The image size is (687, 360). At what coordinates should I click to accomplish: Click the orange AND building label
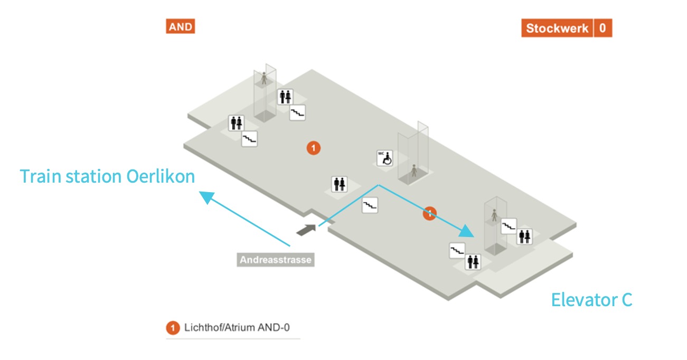[x=181, y=26]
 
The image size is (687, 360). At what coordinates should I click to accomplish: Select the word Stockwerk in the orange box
[x=557, y=29]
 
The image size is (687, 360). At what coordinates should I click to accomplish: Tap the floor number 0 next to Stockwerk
[x=603, y=29]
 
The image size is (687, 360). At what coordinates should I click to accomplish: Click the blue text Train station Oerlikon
[x=107, y=176]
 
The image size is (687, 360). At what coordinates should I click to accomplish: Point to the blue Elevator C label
[x=591, y=300]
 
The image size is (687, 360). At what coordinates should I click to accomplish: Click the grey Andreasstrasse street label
[x=275, y=260]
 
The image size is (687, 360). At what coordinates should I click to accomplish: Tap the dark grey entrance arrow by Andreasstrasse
[x=306, y=230]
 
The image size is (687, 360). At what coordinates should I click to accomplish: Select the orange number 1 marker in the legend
[x=173, y=328]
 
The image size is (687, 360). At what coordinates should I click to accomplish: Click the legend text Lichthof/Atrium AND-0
[x=237, y=328]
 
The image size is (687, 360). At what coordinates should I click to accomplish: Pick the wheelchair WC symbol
[x=385, y=158]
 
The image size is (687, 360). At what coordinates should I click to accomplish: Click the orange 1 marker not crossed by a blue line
[x=314, y=148]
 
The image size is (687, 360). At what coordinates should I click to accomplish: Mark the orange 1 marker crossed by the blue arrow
[x=429, y=213]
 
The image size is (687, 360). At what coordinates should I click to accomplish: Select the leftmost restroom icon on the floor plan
[x=236, y=123]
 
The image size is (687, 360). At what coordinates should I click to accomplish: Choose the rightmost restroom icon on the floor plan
[x=524, y=236]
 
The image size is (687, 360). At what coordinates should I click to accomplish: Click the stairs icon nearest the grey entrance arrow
[x=370, y=205]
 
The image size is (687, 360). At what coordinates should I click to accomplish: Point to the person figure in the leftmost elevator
[x=264, y=79]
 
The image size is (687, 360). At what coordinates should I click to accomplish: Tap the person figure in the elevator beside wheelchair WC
[x=414, y=170]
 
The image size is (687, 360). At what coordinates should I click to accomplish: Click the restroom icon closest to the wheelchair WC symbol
[x=340, y=184]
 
